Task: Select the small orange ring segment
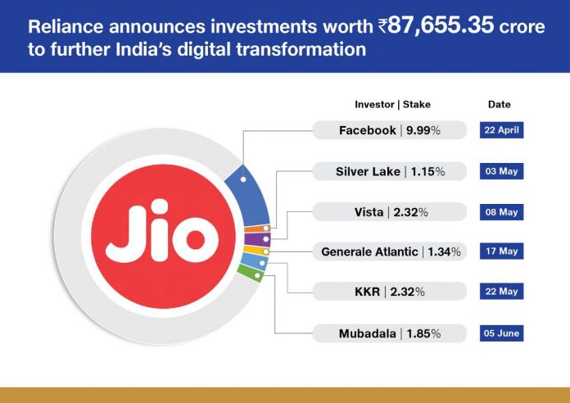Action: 257,229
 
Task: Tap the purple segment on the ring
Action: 257,239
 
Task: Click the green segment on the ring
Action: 250,273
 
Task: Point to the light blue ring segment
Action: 254,260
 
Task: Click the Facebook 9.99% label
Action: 389,130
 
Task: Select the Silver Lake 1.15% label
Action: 389,171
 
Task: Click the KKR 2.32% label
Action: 389,292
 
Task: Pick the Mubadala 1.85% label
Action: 389,333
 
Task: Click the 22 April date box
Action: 502,130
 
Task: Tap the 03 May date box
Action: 502,171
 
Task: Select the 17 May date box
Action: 502,251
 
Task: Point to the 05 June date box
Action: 502,333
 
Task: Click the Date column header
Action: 499,104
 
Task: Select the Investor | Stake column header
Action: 392,104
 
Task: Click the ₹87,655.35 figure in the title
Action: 436,25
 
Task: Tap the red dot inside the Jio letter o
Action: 196,240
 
